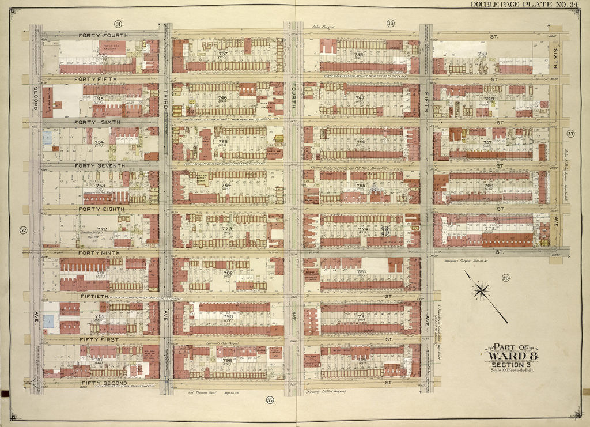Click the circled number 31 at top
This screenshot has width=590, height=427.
point(118,24)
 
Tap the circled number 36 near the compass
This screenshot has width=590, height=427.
point(505,278)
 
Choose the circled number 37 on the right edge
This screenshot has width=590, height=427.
point(571,135)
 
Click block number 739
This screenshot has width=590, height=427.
point(482,54)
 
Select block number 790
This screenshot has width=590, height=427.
point(228,316)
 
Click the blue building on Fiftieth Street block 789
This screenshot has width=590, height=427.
point(50,321)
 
